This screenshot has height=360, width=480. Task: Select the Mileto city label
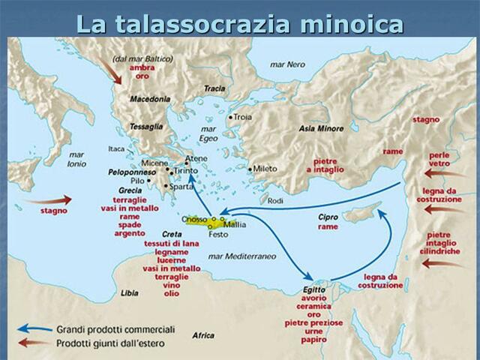265,169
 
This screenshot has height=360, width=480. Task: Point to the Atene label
196,159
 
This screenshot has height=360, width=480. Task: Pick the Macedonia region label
150,98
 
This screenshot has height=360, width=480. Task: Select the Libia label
129,292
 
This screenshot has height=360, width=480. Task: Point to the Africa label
202,334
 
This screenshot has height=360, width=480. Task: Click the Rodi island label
276,201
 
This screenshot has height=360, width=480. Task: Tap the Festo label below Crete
218,235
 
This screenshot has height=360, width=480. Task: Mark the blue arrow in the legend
34,328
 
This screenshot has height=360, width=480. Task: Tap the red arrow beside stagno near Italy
55,199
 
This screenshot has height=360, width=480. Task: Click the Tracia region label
214,88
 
